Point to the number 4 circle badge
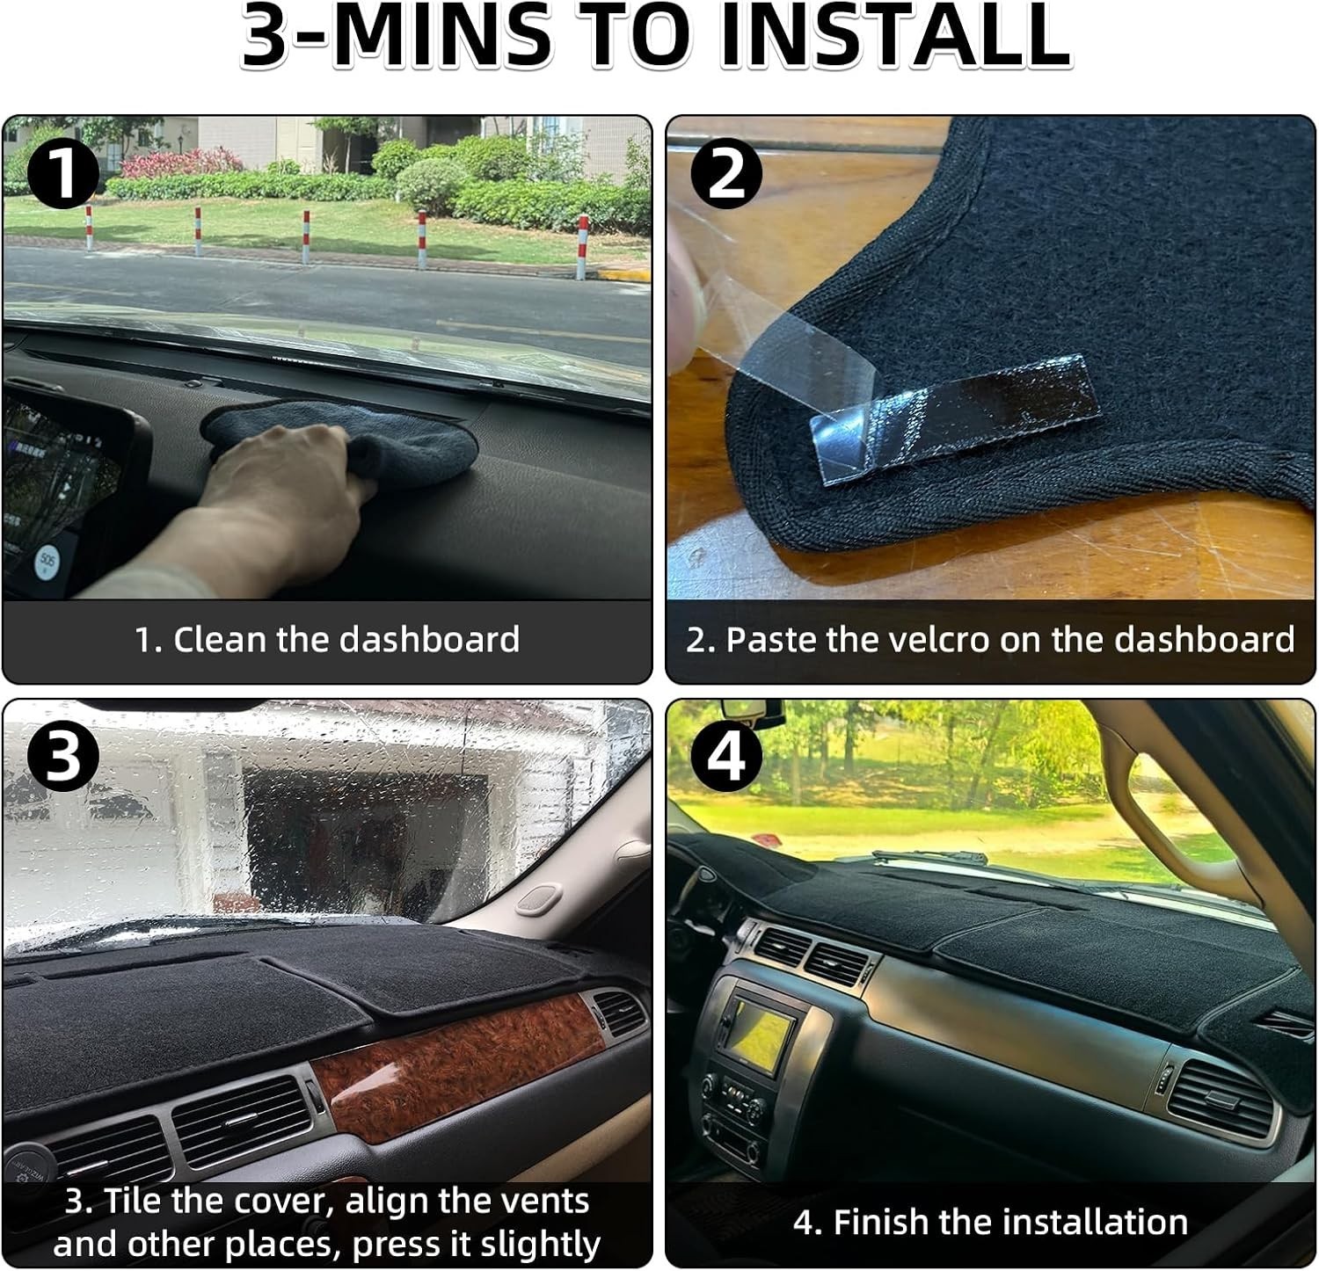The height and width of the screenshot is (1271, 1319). tap(725, 755)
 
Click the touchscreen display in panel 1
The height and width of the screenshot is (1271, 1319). tap(66, 492)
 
